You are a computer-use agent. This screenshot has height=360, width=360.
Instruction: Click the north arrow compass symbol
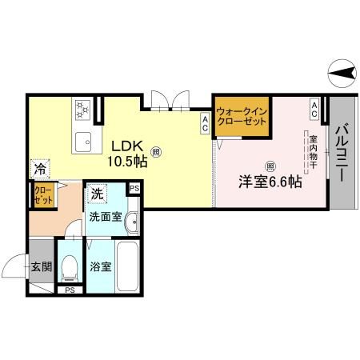pos(342,74)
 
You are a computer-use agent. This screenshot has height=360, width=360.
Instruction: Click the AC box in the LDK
pos(206,122)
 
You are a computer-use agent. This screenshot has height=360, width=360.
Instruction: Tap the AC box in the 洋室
pos(315,110)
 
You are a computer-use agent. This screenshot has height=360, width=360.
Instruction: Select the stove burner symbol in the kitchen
pos(83,109)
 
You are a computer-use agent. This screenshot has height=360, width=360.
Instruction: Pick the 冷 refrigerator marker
pos(38,169)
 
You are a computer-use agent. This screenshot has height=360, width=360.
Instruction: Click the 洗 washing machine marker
pos(96,193)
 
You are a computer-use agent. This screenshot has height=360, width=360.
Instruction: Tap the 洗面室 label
pos(106,216)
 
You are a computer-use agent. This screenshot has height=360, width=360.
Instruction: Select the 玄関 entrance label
pos(41,266)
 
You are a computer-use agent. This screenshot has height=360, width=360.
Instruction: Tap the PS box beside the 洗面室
pos(134,188)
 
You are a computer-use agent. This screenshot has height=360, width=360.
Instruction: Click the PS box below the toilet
pos(70,290)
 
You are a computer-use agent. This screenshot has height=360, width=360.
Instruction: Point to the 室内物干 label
pos(313,153)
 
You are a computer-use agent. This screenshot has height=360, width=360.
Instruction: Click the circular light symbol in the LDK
pos(156,149)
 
